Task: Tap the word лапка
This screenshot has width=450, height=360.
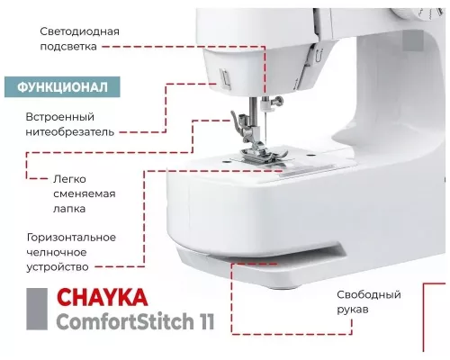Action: point(76,210)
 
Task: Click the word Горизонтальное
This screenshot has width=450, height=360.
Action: point(71,237)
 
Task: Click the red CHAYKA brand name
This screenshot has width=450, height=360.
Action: point(101,298)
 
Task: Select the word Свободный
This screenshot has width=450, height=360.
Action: point(368,295)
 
